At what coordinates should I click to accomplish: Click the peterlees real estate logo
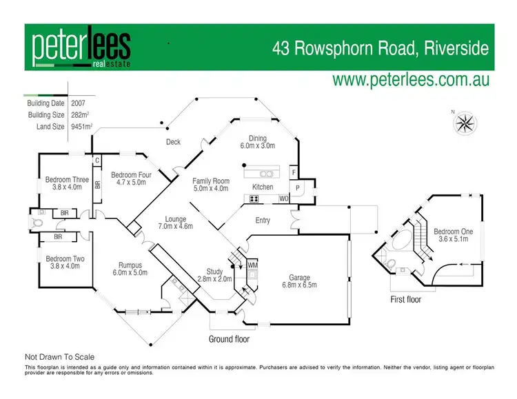tap(81, 49)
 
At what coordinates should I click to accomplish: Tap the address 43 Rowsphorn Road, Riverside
tap(380, 48)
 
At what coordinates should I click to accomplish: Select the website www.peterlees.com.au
tap(411, 80)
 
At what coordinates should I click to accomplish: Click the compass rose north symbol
tap(466, 123)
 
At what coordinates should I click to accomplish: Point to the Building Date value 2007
tap(79, 103)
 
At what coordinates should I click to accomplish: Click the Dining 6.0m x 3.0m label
tap(258, 142)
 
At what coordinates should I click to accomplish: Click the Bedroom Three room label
tap(67, 183)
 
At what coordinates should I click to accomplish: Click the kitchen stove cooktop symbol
tap(253, 199)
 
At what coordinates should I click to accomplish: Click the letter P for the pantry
tap(298, 187)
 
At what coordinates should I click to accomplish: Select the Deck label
tap(173, 142)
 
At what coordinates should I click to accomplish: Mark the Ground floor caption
tap(230, 339)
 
